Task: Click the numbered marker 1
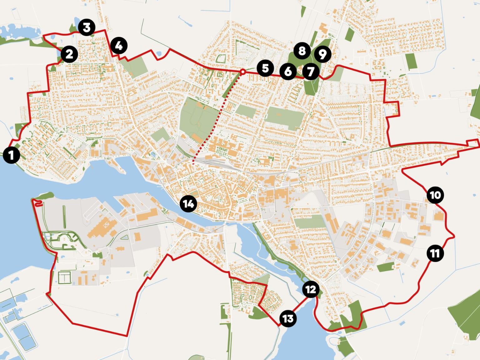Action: (12, 155)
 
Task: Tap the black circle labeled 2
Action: (69, 54)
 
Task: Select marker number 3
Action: (87, 27)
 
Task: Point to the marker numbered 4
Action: (119, 46)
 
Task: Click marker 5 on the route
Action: (265, 68)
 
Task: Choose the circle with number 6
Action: (288, 72)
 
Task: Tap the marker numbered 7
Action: (310, 72)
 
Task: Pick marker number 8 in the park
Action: (302, 51)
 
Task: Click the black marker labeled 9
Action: (322, 54)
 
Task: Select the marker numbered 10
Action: (435, 195)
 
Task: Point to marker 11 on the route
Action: (435, 253)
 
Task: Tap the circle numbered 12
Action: (311, 289)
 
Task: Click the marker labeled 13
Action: (288, 319)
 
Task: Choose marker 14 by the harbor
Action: (188, 204)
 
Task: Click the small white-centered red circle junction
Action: (242, 72)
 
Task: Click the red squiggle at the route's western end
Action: (38, 203)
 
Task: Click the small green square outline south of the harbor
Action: (65, 277)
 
